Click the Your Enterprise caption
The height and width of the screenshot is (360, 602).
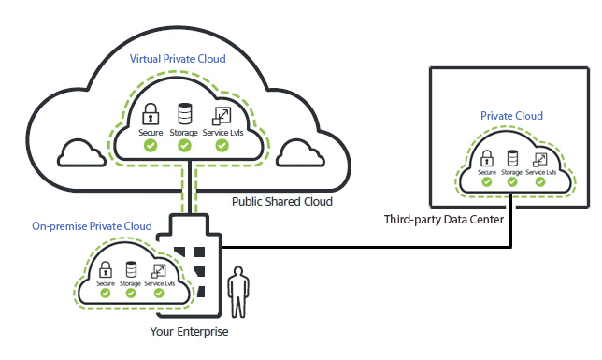(189, 331)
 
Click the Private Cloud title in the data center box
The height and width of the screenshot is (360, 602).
(511, 116)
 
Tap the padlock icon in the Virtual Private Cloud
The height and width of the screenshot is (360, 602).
(150, 116)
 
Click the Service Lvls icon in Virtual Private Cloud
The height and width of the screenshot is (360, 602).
(222, 116)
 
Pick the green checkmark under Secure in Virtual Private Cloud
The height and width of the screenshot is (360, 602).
(150, 147)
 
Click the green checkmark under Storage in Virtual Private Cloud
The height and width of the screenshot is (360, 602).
(184, 147)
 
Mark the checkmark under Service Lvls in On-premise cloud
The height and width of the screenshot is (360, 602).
(159, 293)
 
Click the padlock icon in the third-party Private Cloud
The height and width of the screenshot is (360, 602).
(486, 158)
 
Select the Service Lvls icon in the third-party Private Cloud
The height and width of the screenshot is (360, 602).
(539, 158)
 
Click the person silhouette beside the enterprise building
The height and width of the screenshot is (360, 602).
(239, 291)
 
